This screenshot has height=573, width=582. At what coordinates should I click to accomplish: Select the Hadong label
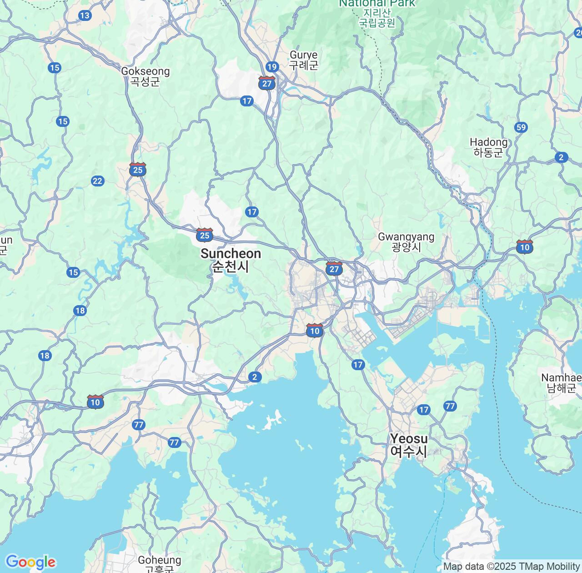pyautogui.click(x=488, y=147)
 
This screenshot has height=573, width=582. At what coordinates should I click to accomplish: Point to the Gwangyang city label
pyautogui.click(x=406, y=241)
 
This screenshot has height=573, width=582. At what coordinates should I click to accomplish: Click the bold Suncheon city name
pyautogui.click(x=231, y=260)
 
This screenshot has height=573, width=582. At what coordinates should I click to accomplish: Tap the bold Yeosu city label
pyautogui.click(x=409, y=445)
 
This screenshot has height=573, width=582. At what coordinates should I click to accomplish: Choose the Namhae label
pyautogui.click(x=561, y=382)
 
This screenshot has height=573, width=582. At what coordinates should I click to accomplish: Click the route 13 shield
pyautogui.click(x=85, y=16)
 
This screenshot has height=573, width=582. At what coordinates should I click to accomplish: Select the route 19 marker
pyautogui.click(x=272, y=67)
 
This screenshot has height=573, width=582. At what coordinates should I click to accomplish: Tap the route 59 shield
pyautogui.click(x=521, y=127)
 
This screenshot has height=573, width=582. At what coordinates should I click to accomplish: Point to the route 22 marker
pyautogui.click(x=97, y=181)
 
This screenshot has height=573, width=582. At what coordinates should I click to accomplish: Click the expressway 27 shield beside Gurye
pyautogui.click(x=267, y=83)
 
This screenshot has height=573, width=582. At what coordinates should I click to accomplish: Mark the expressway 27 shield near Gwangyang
pyautogui.click(x=334, y=269)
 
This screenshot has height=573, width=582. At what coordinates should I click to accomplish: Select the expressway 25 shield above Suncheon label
pyautogui.click(x=205, y=235)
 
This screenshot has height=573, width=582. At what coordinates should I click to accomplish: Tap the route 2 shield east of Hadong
pyautogui.click(x=561, y=158)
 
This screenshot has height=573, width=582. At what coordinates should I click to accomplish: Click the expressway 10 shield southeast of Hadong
pyautogui.click(x=525, y=247)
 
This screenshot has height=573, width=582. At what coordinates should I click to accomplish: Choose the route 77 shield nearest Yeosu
pyautogui.click(x=450, y=406)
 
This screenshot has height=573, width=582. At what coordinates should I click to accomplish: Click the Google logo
pyautogui.click(x=30, y=562)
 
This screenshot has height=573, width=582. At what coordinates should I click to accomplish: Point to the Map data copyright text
pyautogui.click(x=511, y=567)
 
